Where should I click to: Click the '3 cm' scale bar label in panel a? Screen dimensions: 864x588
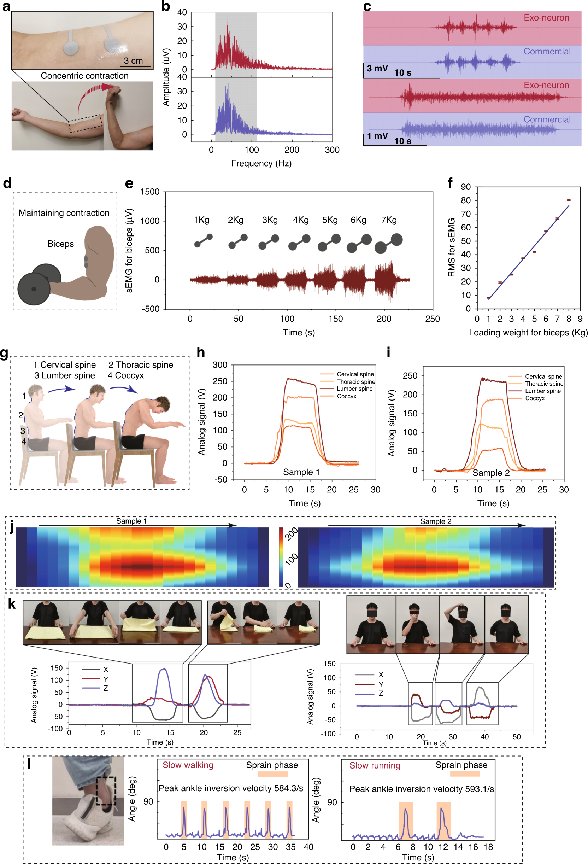[133, 60]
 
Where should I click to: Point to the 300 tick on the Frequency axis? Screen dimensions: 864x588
[332, 150]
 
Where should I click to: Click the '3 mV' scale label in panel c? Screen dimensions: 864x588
[377, 69]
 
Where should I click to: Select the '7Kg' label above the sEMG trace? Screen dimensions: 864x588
[389, 220]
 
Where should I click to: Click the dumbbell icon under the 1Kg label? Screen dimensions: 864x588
[203, 240]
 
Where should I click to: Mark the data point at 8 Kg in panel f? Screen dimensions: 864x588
[568, 200]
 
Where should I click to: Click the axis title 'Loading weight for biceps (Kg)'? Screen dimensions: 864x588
[528, 332]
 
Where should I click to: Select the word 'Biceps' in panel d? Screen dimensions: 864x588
[60, 244]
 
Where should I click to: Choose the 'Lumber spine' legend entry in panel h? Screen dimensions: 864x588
[354, 389]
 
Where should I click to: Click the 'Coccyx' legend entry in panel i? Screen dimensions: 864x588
[535, 398]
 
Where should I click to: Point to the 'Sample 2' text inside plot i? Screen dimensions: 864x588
[490, 473]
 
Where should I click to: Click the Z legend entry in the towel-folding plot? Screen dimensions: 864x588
[106, 688]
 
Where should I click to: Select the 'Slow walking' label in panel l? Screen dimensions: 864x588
[188, 765]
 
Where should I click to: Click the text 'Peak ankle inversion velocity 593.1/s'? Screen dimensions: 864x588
[422, 789]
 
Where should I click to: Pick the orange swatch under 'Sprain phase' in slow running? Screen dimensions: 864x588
[464, 774]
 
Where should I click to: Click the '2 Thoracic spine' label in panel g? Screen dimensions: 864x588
[141, 365]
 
